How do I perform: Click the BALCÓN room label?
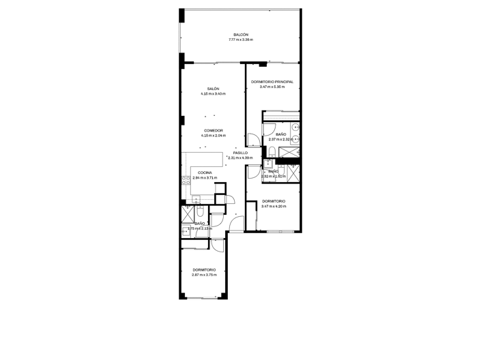(240, 35)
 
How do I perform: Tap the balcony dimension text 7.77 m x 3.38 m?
(240, 40)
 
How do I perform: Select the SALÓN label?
(213, 89)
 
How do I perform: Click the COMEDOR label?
(213, 130)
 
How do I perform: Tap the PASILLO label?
(240, 153)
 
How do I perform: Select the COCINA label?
(205, 172)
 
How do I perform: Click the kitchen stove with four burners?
(185, 181)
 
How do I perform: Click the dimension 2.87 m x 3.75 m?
(204, 275)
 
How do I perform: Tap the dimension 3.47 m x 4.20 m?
(273, 206)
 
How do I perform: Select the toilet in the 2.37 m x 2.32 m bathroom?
(271, 151)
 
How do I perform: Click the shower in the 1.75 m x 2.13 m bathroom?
(187, 213)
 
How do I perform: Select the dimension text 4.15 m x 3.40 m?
(213, 94)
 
